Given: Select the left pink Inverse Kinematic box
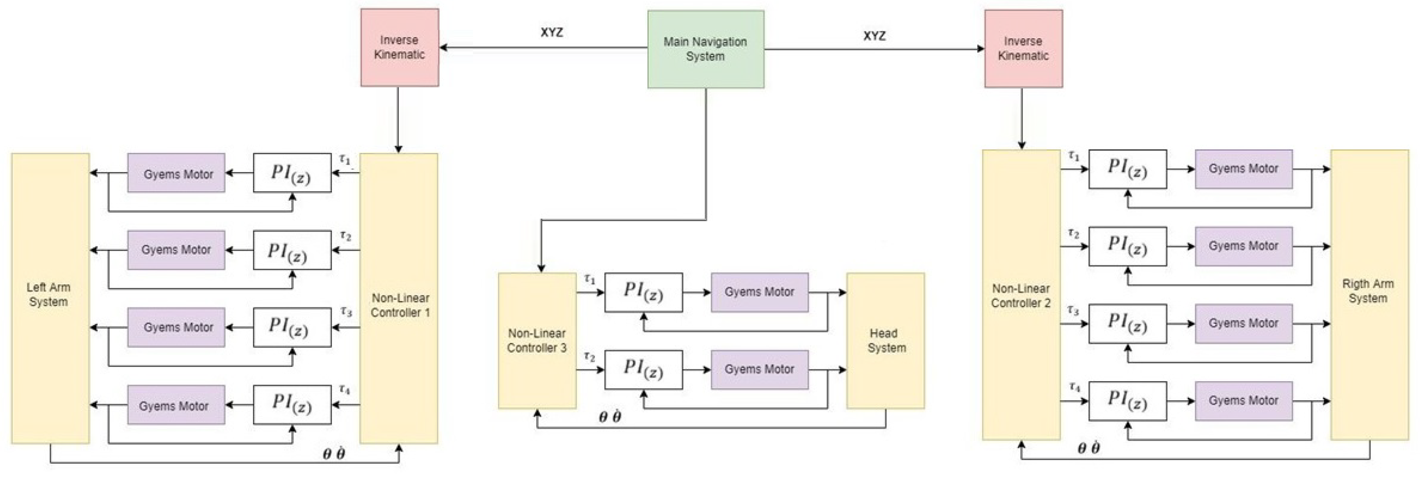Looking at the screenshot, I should [400, 47].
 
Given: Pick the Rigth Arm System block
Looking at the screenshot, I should [1369, 294].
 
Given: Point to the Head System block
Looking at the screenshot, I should [885, 340].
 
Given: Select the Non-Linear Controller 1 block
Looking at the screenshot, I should [399, 305].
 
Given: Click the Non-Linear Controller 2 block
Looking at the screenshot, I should [1021, 295].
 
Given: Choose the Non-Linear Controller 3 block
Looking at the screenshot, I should [537, 340].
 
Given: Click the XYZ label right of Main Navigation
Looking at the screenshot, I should [874, 36].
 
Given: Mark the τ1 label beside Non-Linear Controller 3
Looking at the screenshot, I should [590, 279].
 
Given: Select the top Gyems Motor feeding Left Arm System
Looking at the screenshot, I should [176, 174].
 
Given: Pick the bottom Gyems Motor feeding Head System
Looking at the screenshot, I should [759, 369].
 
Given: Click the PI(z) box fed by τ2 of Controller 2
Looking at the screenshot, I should [1127, 246].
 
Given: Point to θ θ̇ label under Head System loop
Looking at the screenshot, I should [610, 417].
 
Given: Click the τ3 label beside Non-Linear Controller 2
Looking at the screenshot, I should [1073, 311].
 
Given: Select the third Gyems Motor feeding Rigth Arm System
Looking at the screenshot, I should [1243, 323].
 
